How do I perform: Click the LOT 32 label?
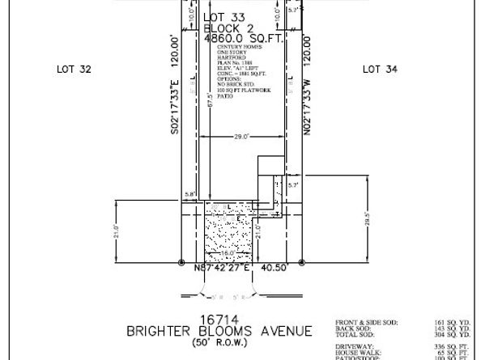74,70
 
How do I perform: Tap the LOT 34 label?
381,70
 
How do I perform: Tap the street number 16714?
223,318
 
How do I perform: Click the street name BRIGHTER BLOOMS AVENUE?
219,331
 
